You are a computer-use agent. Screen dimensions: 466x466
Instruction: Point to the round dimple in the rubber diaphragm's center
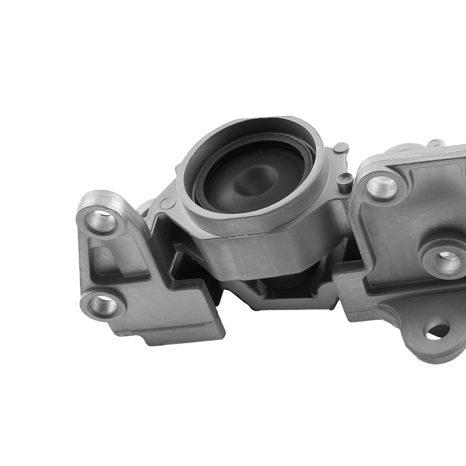[254, 179]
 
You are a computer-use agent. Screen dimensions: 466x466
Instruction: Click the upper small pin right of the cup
[342, 148]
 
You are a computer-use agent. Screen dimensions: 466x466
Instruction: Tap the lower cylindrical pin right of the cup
[345, 182]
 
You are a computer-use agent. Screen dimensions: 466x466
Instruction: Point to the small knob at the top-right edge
[436, 143]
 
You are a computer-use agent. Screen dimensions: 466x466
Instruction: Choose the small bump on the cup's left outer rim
[178, 166]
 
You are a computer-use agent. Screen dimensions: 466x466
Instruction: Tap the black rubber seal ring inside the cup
[205, 196]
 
